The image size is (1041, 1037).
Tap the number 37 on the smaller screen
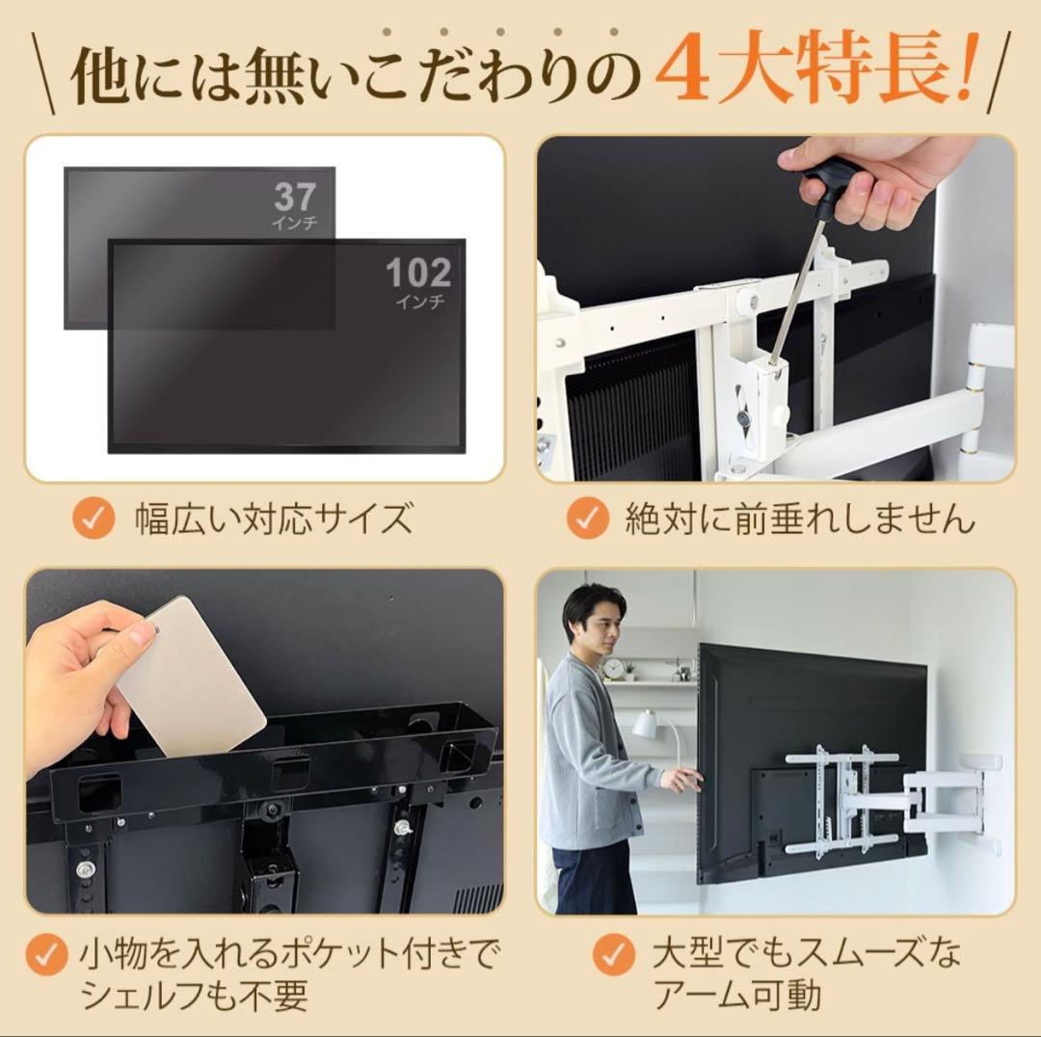click(x=294, y=197)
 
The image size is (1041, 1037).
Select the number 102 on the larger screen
click(x=418, y=273)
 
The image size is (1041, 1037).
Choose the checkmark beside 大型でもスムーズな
click(x=614, y=957)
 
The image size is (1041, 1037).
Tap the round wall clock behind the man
click(x=613, y=668)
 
